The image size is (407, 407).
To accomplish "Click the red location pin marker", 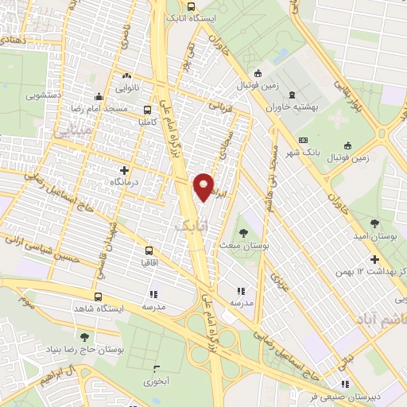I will (204, 186).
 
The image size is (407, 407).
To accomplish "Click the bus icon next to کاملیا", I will (147, 110).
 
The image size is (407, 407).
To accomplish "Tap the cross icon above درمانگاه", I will (124, 170).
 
